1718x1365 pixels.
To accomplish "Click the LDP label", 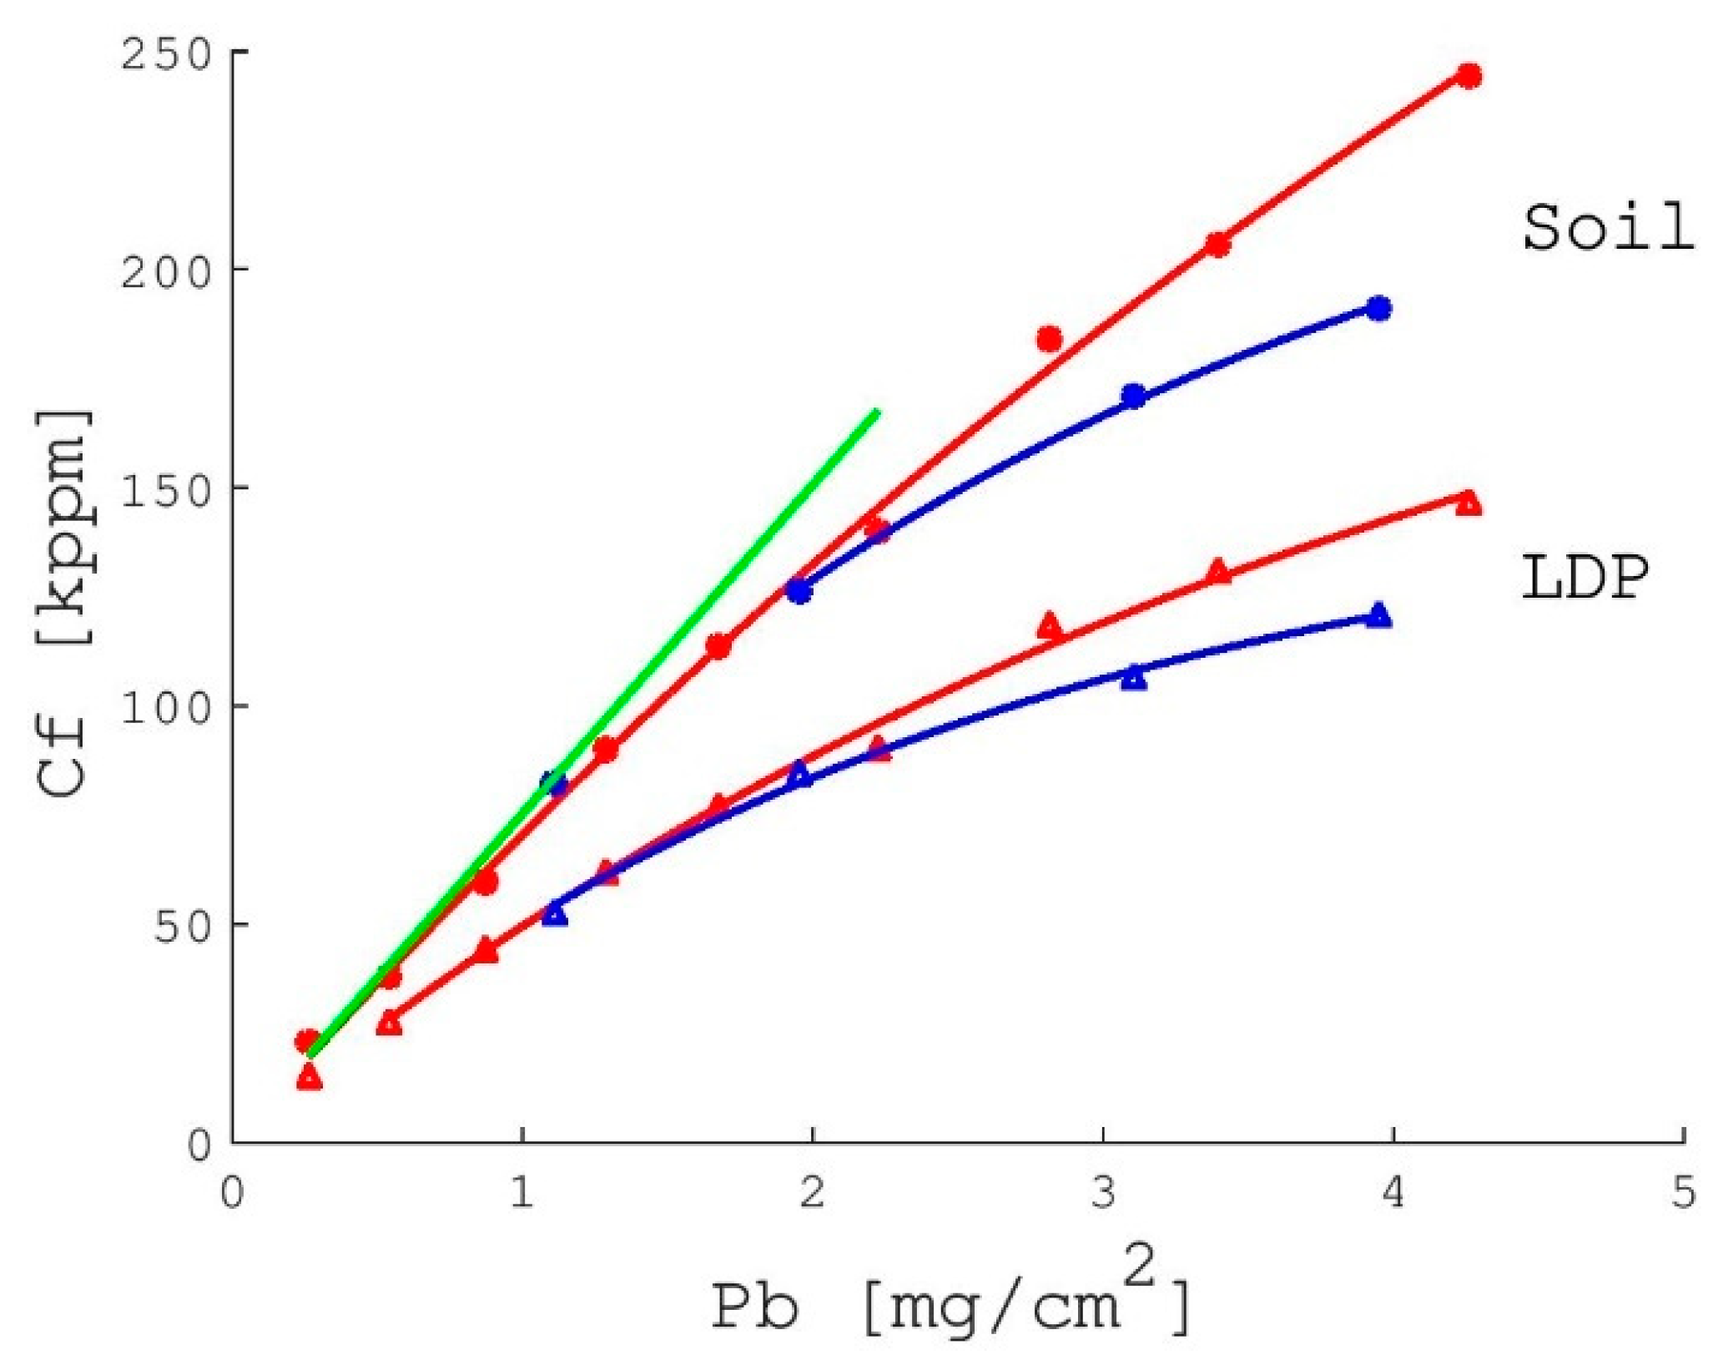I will pos(1584,578).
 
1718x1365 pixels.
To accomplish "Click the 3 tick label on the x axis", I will pos(1103,1192).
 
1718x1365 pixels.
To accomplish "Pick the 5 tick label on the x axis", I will pos(1683,1192).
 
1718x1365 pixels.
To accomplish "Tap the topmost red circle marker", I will pos(1469,76).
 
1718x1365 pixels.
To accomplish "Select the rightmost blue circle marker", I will pos(1378,308).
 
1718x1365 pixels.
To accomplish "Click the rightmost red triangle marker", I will pos(1469,503).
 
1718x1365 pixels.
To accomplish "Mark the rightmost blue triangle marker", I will pos(1378,615).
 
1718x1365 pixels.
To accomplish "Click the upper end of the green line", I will pos(876,411).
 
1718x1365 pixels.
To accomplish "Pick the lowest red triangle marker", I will pos(309,1078).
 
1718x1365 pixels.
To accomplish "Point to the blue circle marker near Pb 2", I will pos(799,590).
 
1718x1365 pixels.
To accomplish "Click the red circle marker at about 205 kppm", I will pos(1217,245).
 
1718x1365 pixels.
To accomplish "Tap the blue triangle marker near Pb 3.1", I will pos(1133,677).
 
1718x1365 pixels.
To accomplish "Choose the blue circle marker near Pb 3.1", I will pos(1133,396).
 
